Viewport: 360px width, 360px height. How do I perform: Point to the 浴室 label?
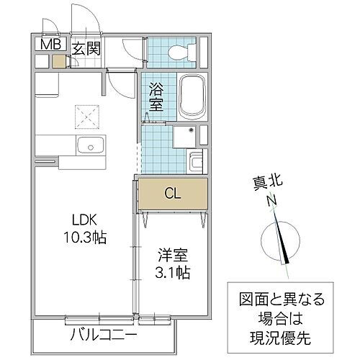click(156, 97)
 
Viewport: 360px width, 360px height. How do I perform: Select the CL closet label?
click(172, 193)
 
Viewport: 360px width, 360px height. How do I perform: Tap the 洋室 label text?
click(172, 254)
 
